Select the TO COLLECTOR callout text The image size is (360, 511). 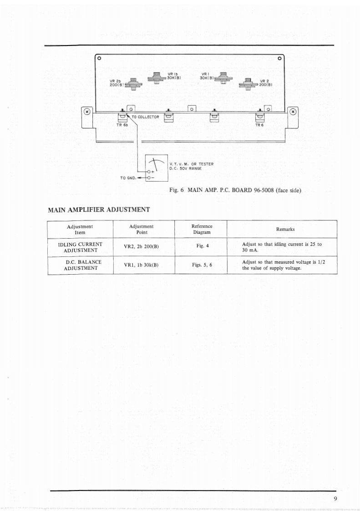[x=145, y=117]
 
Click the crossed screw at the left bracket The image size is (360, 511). [x=87, y=111]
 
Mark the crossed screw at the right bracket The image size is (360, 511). [x=293, y=111]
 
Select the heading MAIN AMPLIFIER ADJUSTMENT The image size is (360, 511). [x=99, y=210]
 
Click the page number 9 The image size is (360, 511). [x=335, y=499]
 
